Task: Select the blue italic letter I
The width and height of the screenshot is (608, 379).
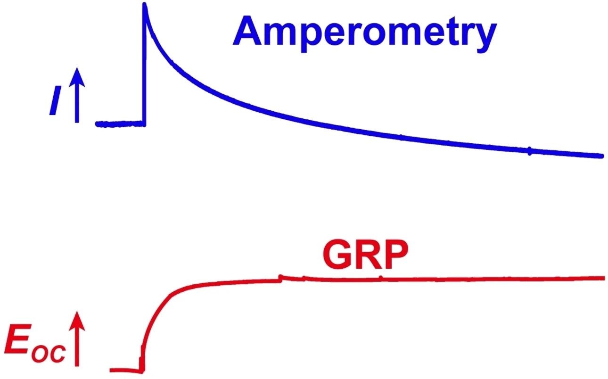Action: click(56, 104)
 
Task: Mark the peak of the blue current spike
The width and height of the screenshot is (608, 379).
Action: click(145, 5)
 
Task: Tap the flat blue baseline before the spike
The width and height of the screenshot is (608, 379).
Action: click(120, 124)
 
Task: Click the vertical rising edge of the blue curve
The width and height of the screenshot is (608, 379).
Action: click(144, 71)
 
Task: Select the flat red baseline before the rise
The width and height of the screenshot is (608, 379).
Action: click(125, 370)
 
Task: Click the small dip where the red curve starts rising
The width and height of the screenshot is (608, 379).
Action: click(141, 370)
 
